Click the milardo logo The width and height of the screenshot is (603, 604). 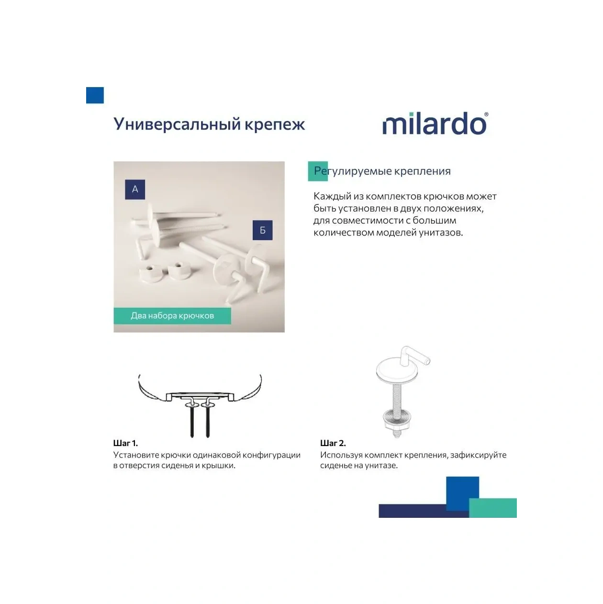pyautogui.click(x=434, y=124)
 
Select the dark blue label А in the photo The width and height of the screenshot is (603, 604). pyautogui.click(x=135, y=190)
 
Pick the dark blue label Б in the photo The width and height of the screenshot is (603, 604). pyautogui.click(x=262, y=230)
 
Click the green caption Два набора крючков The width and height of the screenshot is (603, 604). pyautogui.click(x=172, y=316)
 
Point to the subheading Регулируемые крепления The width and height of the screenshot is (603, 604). pyautogui.click(x=382, y=171)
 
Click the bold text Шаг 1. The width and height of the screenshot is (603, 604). pyautogui.click(x=125, y=443)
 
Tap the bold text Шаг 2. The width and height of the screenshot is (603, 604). pyautogui.click(x=333, y=443)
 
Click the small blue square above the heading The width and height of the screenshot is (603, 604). pyautogui.click(x=95, y=95)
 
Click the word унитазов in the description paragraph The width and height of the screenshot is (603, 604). pyautogui.click(x=440, y=233)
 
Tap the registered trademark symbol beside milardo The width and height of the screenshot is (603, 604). pyautogui.click(x=486, y=115)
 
